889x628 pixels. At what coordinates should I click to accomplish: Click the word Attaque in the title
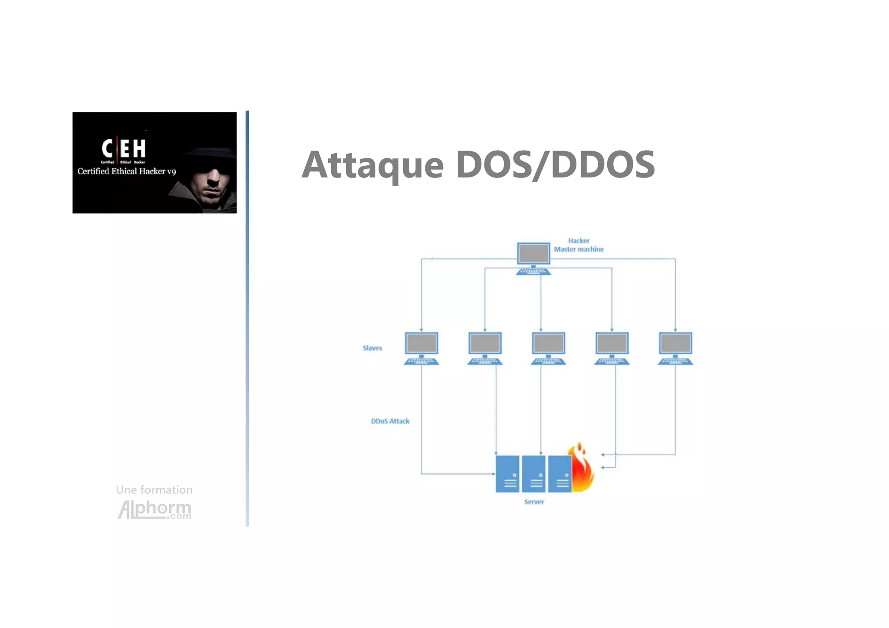click(372, 165)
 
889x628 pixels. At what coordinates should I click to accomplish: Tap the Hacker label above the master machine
click(579, 240)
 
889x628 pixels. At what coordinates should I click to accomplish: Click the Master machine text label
click(579, 249)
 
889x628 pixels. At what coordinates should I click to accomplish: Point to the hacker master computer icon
click(533, 259)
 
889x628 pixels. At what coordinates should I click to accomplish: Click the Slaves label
click(372, 348)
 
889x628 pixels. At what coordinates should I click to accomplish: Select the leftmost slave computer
click(421, 348)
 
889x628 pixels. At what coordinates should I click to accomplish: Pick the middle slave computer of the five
click(548, 348)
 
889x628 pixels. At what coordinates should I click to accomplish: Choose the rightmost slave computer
click(675, 348)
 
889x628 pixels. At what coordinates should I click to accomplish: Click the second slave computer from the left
click(485, 348)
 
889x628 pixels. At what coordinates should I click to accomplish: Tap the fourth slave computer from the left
click(612, 348)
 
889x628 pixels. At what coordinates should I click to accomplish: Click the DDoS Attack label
click(390, 421)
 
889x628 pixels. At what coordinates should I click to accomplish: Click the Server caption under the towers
click(534, 502)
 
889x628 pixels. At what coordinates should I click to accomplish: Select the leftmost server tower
click(507, 473)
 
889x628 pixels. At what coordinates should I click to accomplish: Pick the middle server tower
click(533, 473)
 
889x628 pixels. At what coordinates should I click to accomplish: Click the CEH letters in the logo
click(124, 148)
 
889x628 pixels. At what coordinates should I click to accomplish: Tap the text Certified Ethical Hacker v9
click(127, 171)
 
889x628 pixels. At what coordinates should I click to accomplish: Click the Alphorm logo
click(155, 509)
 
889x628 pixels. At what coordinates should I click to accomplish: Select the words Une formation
click(154, 490)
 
